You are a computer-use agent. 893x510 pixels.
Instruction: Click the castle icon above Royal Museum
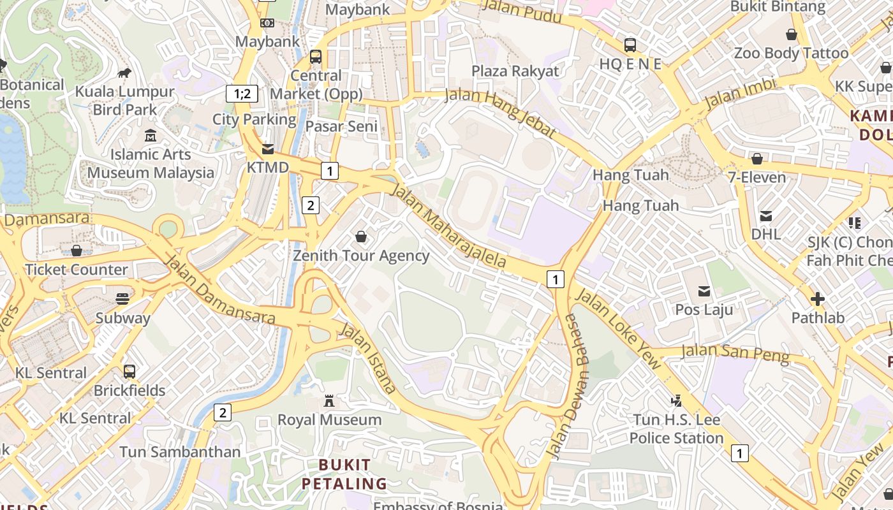(x=329, y=401)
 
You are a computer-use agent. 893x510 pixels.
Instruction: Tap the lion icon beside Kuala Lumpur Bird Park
(x=124, y=73)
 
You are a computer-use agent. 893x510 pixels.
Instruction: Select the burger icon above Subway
(x=122, y=298)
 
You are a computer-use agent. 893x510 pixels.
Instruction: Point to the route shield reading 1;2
(x=242, y=94)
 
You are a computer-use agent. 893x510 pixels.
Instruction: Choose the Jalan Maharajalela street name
(x=449, y=226)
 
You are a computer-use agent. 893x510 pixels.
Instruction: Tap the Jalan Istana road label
(x=367, y=357)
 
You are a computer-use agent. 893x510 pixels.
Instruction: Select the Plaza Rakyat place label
(x=515, y=71)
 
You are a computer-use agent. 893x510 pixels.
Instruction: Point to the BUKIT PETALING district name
(x=344, y=474)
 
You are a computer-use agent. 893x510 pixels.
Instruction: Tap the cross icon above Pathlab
(x=817, y=298)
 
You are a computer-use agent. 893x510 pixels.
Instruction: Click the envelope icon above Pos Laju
(x=704, y=291)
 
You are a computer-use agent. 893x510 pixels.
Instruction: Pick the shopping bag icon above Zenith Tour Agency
(x=361, y=237)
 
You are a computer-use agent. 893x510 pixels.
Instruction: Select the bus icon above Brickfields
(x=129, y=371)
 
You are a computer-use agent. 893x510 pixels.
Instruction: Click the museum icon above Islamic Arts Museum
(x=151, y=135)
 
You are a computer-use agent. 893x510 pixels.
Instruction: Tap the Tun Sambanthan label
(x=180, y=452)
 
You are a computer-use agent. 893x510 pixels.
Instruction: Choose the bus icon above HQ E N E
(x=630, y=45)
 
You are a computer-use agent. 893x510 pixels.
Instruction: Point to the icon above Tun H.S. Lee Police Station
(x=676, y=401)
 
